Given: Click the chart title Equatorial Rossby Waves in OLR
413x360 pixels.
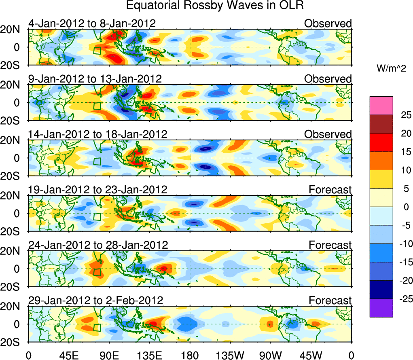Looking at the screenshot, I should [x=215, y=6].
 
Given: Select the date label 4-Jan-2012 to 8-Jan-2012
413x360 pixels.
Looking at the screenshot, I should [x=92, y=23].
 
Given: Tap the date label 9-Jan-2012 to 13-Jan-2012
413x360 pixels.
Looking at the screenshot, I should [x=95, y=78].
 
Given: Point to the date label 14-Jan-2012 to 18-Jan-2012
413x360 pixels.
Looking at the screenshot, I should [x=97, y=134].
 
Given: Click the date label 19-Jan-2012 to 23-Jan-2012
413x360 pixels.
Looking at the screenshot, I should [x=97, y=189].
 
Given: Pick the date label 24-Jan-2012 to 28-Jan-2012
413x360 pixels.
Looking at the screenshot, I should [x=98, y=245].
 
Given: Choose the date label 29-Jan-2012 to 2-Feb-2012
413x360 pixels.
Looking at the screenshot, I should [x=95, y=300].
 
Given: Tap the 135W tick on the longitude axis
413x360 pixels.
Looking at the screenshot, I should [x=230, y=356].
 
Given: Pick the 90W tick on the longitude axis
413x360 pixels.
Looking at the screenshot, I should [x=270, y=356].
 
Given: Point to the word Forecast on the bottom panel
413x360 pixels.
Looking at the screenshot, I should [x=330, y=300].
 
